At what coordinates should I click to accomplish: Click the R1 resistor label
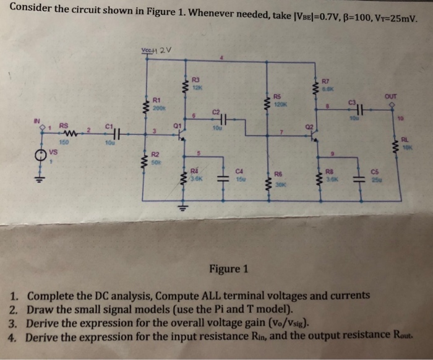click(156, 99)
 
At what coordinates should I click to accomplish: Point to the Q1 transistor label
click(177, 124)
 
